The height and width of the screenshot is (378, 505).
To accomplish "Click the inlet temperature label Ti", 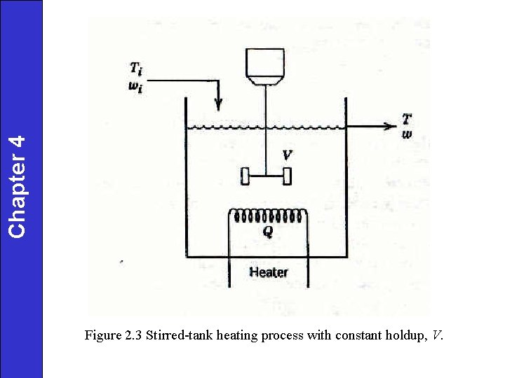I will [x=135, y=69].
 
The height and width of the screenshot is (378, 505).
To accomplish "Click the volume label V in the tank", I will [x=287, y=153].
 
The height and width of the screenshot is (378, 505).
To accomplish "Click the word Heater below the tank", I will [x=269, y=272].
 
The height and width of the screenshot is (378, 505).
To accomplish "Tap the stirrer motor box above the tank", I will [x=265, y=64].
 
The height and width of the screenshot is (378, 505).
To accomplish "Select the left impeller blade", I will [x=245, y=176].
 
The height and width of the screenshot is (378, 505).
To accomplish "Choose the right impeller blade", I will [x=286, y=176].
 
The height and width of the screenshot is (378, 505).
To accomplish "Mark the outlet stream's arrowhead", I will [x=391, y=127].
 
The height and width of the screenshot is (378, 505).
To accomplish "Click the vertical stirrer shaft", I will [x=266, y=126].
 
